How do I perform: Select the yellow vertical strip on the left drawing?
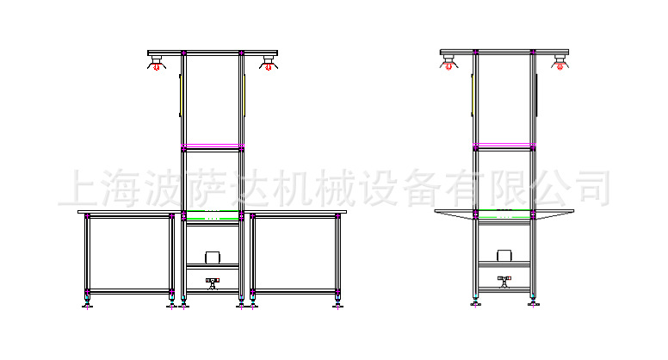tap(181, 95)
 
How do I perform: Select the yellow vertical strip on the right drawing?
tap(473, 95)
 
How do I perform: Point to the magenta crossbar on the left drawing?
tap(212, 146)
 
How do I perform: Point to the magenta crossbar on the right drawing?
tap(504, 145)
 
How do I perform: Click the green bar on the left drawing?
tap(212, 212)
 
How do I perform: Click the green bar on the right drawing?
tap(504, 218)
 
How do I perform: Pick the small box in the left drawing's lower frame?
tap(212, 258)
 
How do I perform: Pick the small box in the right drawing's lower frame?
tap(504, 256)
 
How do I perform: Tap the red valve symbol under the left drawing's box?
tap(213, 281)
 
